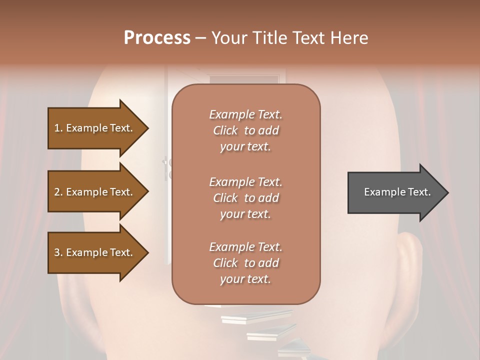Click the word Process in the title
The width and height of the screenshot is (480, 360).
[x=157, y=38]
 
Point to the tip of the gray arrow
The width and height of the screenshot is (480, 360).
[x=447, y=192]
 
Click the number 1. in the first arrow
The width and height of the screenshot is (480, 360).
[x=58, y=128]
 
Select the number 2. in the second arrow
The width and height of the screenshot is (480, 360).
[x=58, y=192]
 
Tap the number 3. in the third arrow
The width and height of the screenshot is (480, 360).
[x=58, y=253]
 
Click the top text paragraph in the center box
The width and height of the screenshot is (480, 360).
[x=245, y=130]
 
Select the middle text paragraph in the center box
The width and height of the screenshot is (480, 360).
[x=245, y=198]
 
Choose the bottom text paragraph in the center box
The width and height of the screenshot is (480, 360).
[x=245, y=263]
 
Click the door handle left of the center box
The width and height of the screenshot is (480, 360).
[x=166, y=167]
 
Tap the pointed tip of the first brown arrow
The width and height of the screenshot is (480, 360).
[x=147, y=128]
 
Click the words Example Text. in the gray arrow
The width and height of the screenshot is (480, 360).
[x=397, y=192]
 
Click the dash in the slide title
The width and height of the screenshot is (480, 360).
[x=201, y=38]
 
